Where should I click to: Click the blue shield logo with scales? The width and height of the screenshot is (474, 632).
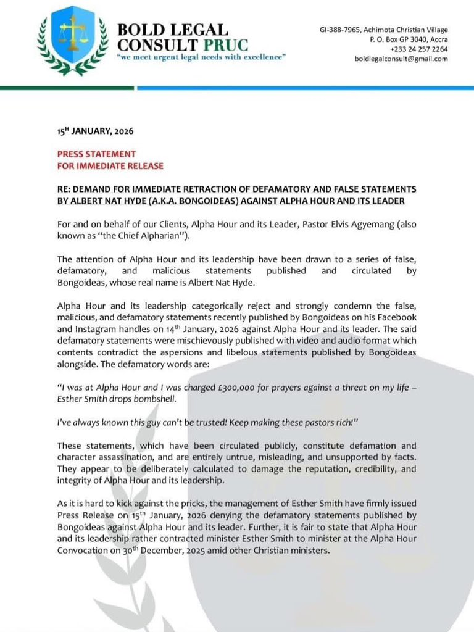(x=72, y=38)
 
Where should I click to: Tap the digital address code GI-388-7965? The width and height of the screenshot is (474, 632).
(x=341, y=30)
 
